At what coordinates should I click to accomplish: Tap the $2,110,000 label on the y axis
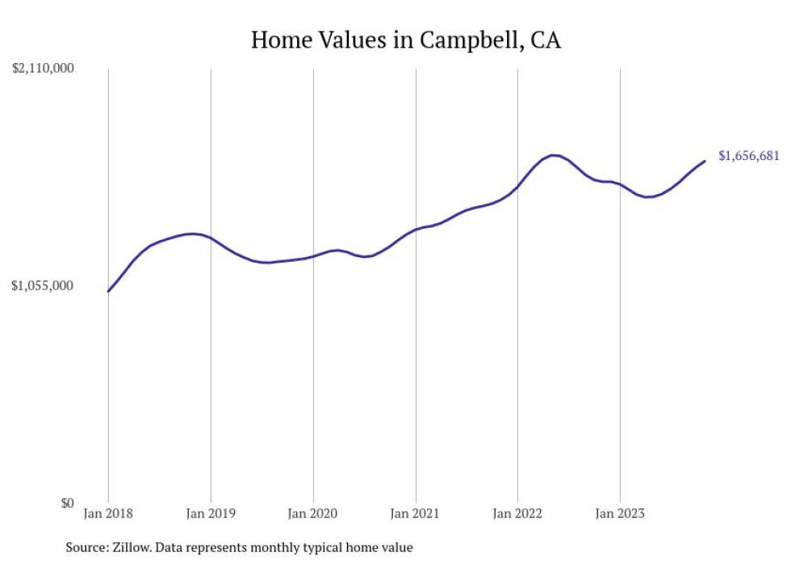point(43,69)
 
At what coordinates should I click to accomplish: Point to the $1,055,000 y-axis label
point(43,285)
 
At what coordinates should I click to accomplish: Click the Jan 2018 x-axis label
point(108,512)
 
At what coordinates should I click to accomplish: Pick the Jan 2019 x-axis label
point(211,512)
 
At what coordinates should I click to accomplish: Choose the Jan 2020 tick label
point(313,512)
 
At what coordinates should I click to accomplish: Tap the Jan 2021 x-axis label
point(416,512)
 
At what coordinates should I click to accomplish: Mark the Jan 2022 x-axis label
point(517,512)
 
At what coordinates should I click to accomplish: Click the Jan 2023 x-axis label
point(620,512)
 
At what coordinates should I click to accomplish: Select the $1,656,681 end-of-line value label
point(748,156)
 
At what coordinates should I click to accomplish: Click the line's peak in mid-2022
point(554,155)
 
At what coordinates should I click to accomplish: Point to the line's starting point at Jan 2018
point(108,291)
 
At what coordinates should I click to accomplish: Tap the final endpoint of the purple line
point(705,161)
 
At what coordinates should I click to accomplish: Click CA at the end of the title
point(546,40)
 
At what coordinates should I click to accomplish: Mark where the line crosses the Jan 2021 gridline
point(416,230)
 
